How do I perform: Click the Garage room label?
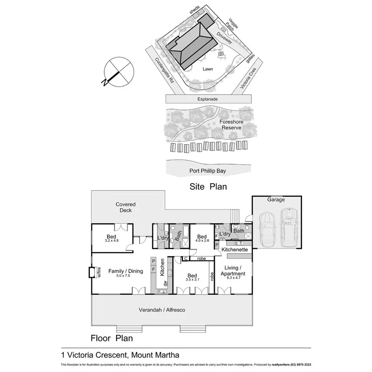click(276, 200)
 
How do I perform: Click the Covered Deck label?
click(126, 207)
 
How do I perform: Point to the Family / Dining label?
click(126, 271)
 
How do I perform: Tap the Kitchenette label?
click(234, 250)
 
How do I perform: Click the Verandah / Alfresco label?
click(162, 310)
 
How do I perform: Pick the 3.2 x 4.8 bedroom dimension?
click(112, 241)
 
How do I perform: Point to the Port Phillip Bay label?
click(208, 170)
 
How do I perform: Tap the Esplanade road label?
click(208, 99)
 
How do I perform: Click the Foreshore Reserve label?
click(231, 125)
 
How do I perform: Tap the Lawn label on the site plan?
click(208, 69)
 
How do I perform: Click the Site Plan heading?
click(208, 187)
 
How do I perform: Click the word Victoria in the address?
click(82, 355)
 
